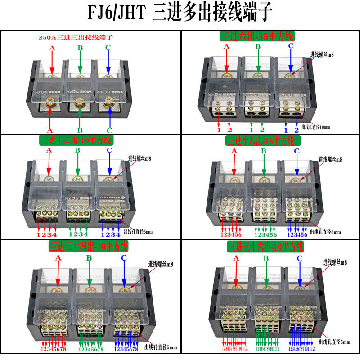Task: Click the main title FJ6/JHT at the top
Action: (116, 13)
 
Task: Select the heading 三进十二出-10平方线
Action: (77, 140)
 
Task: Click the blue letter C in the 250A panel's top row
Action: (108, 48)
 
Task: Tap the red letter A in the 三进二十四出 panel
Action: (58, 258)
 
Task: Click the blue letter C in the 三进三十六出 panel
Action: (299, 258)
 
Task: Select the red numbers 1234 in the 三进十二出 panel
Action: (46, 234)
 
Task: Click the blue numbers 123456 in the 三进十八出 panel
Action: (297, 234)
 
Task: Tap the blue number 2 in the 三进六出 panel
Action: (297, 130)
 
